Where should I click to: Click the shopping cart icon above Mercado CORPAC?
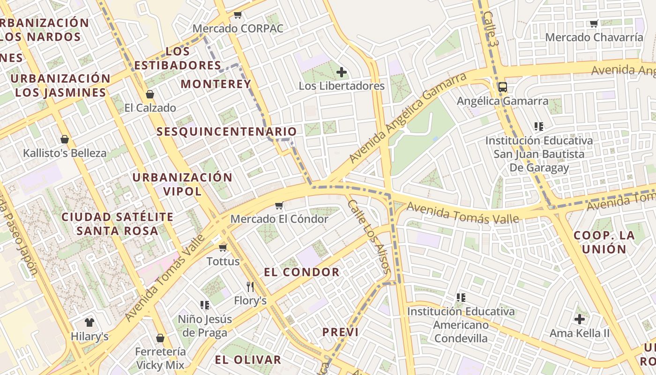[x=238, y=15]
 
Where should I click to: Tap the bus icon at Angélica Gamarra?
[x=503, y=87]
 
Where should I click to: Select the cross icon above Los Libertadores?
[x=342, y=72]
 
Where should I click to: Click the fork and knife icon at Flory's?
[x=250, y=286]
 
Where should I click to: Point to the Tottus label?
[x=223, y=261]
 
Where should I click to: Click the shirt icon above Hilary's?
[x=89, y=322]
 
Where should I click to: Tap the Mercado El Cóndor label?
[x=279, y=219]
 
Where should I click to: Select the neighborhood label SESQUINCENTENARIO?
[x=227, y=132]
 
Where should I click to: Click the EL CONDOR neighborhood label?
[x=302, y=272]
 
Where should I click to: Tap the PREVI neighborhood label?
[x=340, y=332]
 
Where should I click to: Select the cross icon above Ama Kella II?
[x=580, y=319]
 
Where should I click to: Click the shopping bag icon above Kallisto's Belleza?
[x=65, y=139]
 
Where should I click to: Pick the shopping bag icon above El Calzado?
[x=150, y=94]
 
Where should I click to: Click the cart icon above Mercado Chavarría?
[x=594, y=23]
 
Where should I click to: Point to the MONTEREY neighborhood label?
[x=216, y=84]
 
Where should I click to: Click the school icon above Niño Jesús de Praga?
[x=205, y=305]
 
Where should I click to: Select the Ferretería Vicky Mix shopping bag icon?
[x=160, y=338]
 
